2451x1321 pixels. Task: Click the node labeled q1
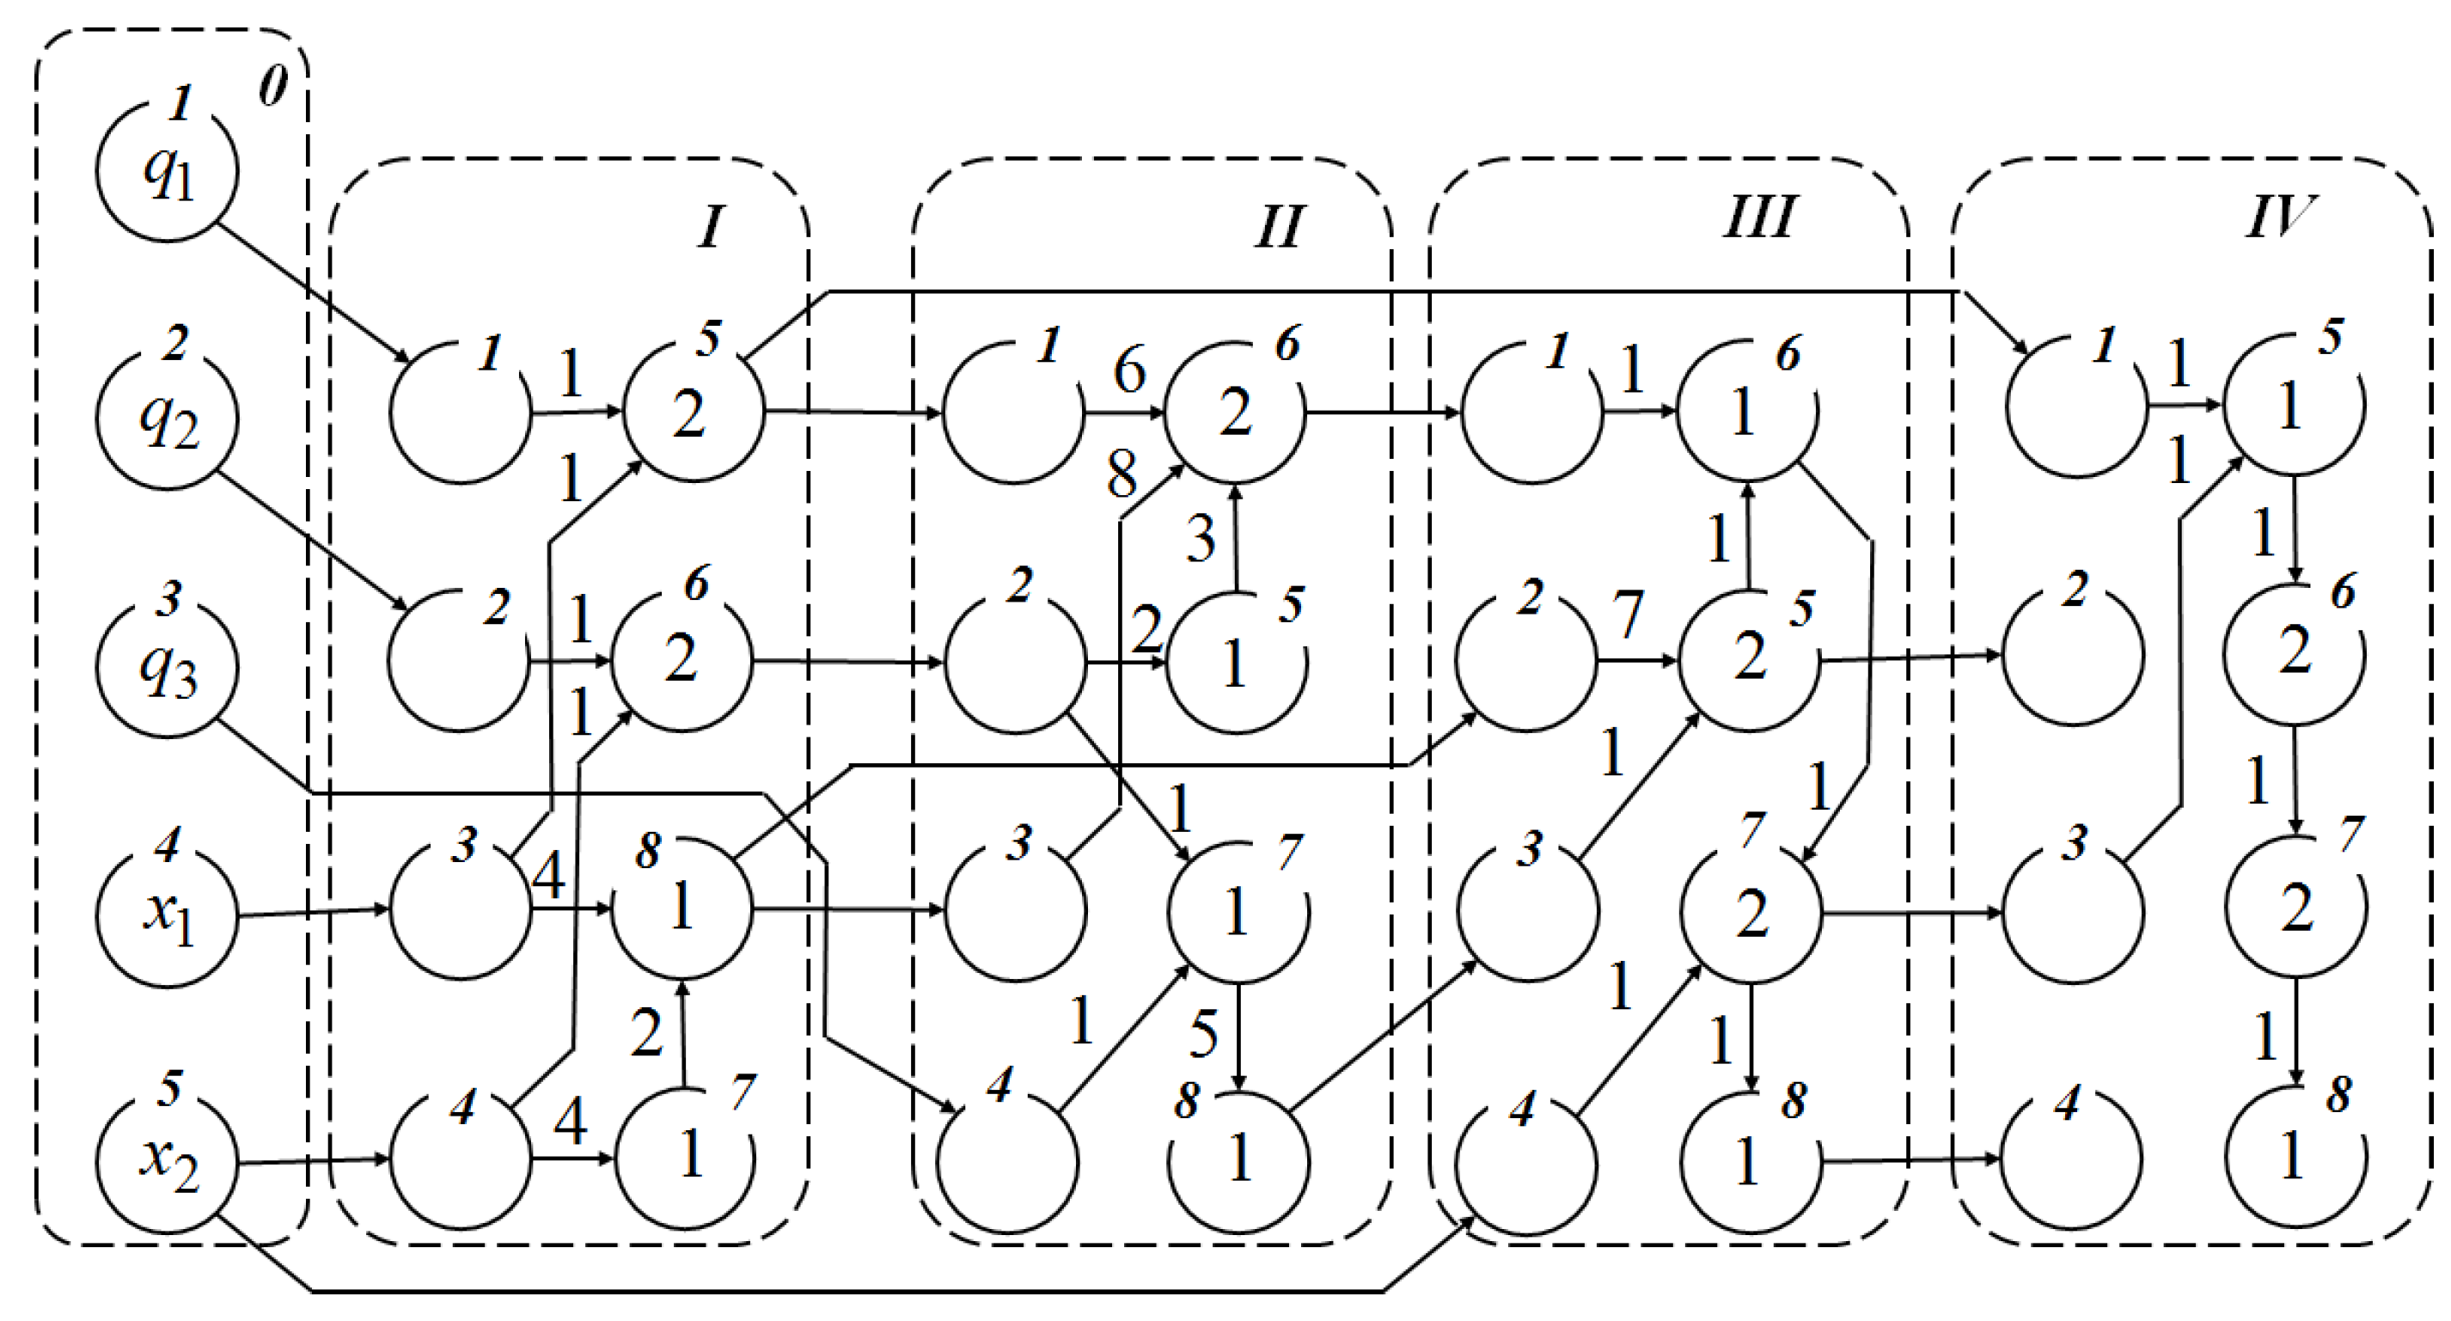pyautogui.click(x=168, y=172)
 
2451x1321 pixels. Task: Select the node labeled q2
pyautogui.click(x=168, y=419)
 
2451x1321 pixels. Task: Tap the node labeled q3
pyautogui.click(x=168, y=667)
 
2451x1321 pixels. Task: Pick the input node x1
pyautogui.click(x=168, y=914)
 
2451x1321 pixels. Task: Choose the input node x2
pyautogui.click(x=168, y=1162)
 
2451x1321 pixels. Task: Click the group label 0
pyautogui.click(x=273, y=88)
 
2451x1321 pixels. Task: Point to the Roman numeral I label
pyautogui.click(x=710, y=228)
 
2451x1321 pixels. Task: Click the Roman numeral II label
pyautogui.click(x=1278, y=228)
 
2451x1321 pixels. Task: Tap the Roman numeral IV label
pyautogui.click(x=2280, y=216)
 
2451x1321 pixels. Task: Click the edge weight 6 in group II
pyautogui.click(x=1129, y=370)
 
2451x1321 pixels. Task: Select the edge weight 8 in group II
pyautogui.click(x=1122, y=474)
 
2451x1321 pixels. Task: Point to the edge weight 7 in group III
pyautogui.click(x=1628, y=614)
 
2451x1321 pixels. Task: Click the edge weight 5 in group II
pyautogui.click(x=1204, y=1034)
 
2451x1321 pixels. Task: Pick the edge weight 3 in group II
pyautogui.click(x=1201, y=539)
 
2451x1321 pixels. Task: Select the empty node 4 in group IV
pyautogui.click(x=2072, y=1159)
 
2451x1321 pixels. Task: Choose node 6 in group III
pyautogui.click(x=1747, y=411)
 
